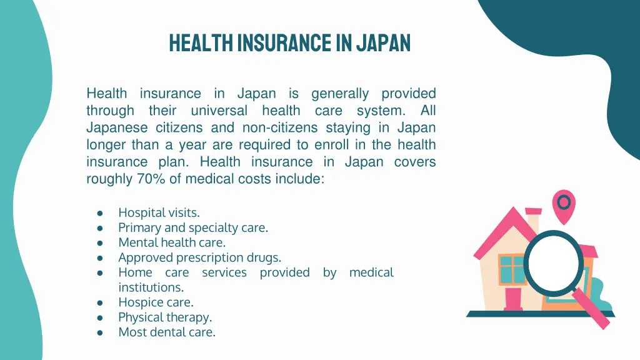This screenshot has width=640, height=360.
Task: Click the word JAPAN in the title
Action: point(383,42)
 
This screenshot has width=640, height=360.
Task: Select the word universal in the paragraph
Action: point(219,111)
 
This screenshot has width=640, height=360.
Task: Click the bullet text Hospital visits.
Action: point(159,212)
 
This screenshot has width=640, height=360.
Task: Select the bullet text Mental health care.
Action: point(172,242)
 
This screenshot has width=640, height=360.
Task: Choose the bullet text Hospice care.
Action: point(156,302)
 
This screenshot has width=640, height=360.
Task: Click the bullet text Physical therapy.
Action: point(165,317)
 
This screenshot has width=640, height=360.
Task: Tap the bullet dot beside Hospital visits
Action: point(100,213)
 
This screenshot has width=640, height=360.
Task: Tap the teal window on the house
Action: point(512,269)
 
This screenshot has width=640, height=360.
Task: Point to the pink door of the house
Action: point(514,299)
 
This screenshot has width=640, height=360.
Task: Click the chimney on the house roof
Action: point(532,222)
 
